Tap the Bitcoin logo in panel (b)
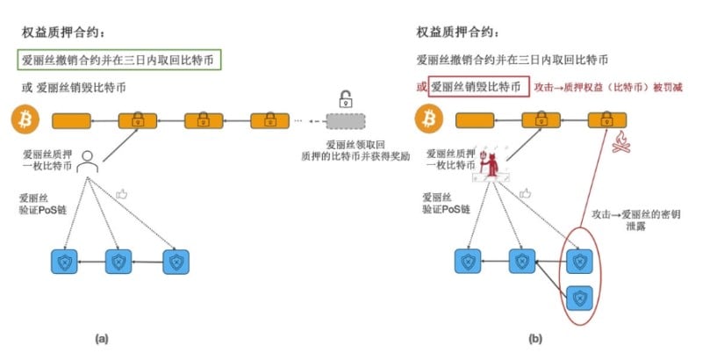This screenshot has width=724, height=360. tap(427, 119)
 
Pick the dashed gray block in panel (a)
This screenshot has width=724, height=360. tap(348, 120)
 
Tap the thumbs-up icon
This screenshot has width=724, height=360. tap(122, 194)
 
